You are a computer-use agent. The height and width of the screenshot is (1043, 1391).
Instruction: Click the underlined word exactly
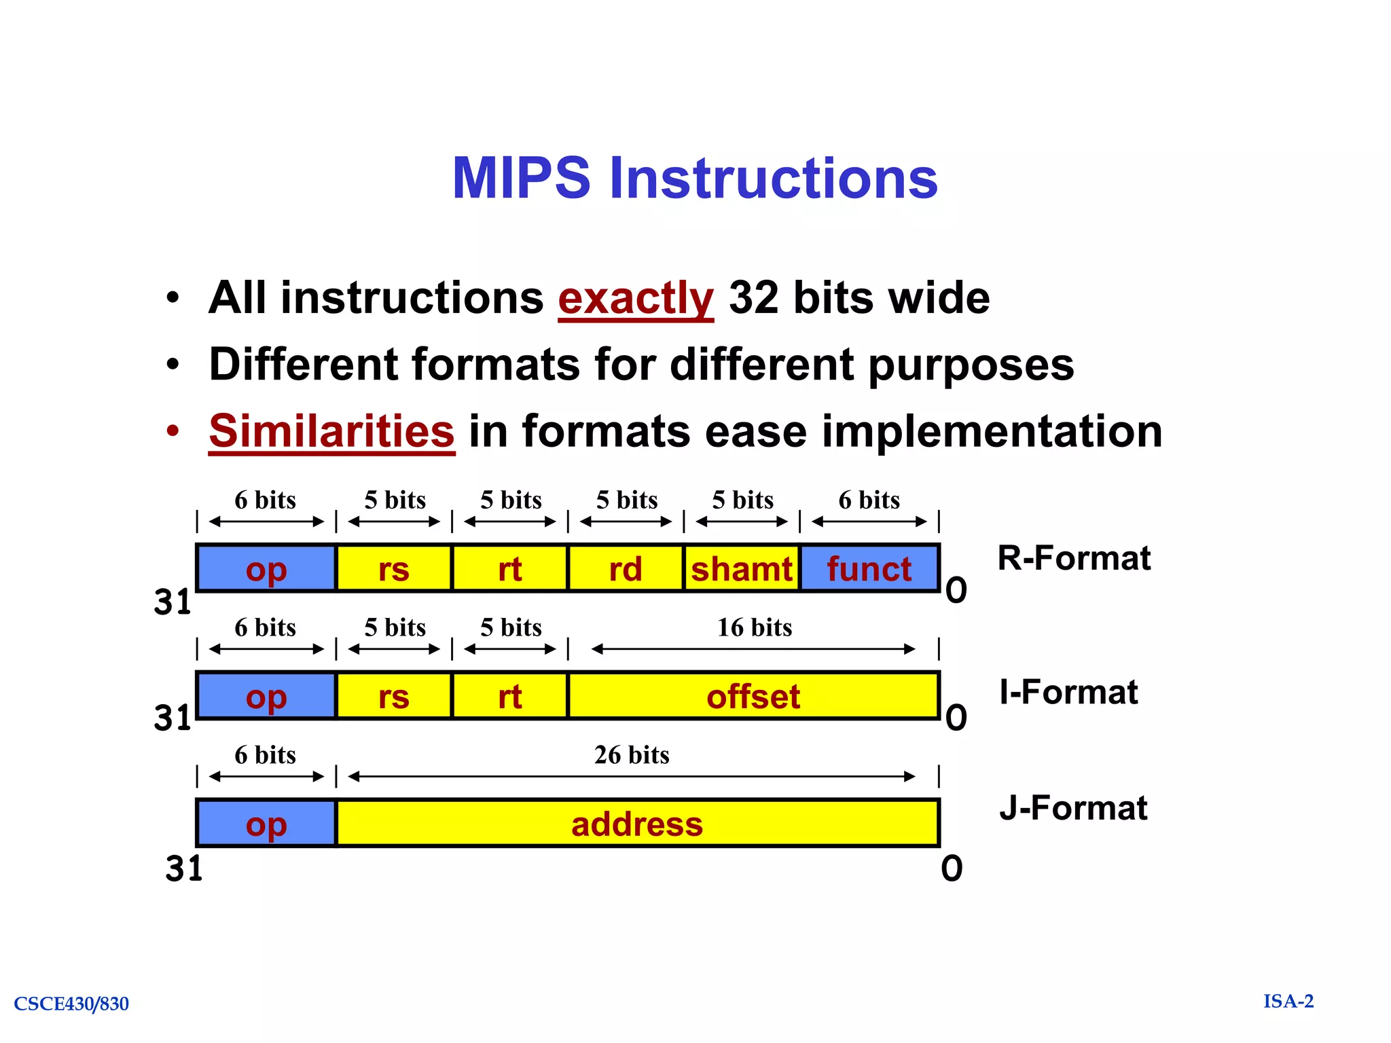point(635,298)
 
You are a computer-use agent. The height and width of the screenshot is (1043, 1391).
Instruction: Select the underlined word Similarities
point(331,431)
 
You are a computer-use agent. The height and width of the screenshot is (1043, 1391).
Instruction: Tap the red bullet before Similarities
point(174,431)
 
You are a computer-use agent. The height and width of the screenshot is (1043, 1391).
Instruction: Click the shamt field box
point(741,568)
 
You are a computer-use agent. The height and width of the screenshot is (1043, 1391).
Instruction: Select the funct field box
point(869,568)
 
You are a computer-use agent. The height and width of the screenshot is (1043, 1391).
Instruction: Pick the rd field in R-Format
point(625,568)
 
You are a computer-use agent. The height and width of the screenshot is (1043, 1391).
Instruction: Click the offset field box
point(753,696)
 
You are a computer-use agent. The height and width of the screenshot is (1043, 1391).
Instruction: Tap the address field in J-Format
point(637,824)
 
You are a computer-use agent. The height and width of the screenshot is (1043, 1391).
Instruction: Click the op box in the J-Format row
point(266,824)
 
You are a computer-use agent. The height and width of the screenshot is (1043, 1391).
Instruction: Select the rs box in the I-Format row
point(394,696)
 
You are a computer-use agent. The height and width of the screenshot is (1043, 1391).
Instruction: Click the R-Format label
point(1074,558)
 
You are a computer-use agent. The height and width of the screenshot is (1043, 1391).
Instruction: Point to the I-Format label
point(1068,692)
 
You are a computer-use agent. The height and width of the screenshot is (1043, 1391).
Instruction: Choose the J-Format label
point(1073,808)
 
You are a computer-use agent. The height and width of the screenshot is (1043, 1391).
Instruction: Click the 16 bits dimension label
point(755,627)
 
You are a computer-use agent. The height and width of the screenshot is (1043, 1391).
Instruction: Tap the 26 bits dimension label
point(632,755)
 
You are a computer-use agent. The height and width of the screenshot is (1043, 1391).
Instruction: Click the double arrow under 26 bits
point(632,776)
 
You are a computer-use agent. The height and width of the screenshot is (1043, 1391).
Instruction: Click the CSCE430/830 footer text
point(71,1004)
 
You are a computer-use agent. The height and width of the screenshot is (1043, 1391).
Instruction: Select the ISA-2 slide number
point(1288,1001)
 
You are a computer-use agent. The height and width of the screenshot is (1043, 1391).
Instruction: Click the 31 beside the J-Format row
point(184,868)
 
